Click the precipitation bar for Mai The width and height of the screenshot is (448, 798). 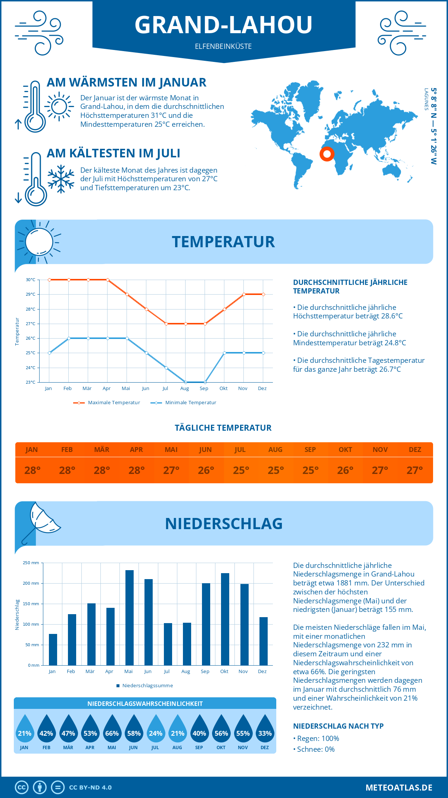click(x=129, y=618)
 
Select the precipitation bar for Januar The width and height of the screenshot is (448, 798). click(x=53, y=649)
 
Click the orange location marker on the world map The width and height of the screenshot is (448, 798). click(x=327, y=154)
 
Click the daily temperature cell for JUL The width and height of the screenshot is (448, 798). click(x=241, y=470)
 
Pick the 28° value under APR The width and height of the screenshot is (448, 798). click(x=137, y=470)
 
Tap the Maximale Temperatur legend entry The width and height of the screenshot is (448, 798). click(x=107, y=403)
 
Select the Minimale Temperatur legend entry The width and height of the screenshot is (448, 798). click(x=184, y=403)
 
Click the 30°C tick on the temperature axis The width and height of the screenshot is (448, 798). click(x=31, y=280)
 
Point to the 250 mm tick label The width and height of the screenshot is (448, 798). click(x=31, y=563)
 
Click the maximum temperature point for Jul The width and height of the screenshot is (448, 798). click(x=166, y=324)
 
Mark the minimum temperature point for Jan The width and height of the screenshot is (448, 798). click(x=49, y=353)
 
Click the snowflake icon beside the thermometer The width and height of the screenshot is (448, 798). click(x=61, y=179)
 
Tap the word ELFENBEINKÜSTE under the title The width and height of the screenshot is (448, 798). click(x=223, y=46)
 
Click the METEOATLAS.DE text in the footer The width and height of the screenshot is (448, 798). click(x=399, y=788)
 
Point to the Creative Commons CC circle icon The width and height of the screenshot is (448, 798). click(x=22, y=788)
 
